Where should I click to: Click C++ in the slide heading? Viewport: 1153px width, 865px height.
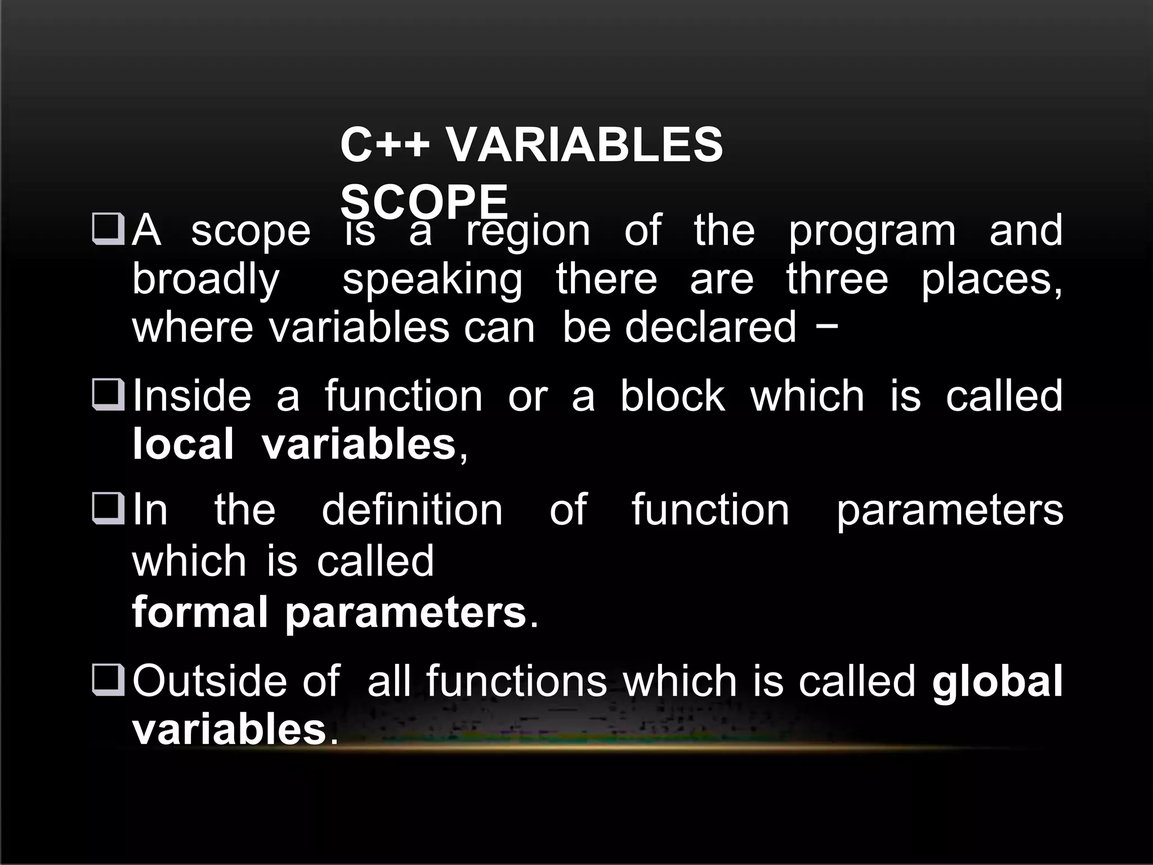[385, 145]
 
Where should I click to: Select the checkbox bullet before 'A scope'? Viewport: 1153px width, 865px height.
[108, 230]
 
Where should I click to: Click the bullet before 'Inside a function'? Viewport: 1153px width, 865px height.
[108, 395]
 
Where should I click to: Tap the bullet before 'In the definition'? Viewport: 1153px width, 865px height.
[108, 509]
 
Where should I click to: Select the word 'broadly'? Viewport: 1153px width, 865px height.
[205, 280]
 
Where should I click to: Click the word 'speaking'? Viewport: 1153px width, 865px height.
[432, 280]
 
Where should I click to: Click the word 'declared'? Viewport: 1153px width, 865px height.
[710, 327]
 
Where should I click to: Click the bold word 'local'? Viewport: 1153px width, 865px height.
[182, 444]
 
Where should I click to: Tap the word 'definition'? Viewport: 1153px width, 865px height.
[412, 510]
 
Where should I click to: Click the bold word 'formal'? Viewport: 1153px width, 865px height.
[199, 613]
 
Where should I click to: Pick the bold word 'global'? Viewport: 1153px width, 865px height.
[997, 681]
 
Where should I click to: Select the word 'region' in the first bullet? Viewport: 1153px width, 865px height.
[528, 232]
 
